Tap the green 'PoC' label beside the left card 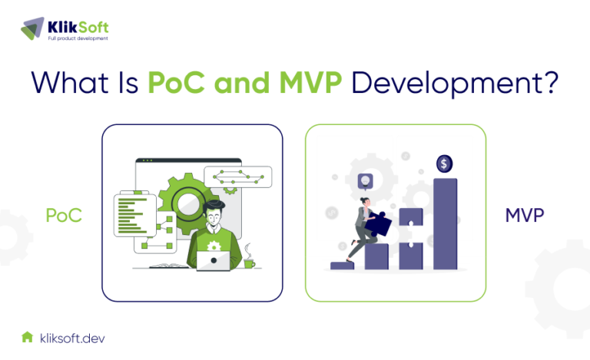click(x=64, y=216)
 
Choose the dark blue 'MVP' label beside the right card click(x=525, y=216)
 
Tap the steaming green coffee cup click(x=249, y=262)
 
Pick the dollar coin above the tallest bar click(x=444, y=163)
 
